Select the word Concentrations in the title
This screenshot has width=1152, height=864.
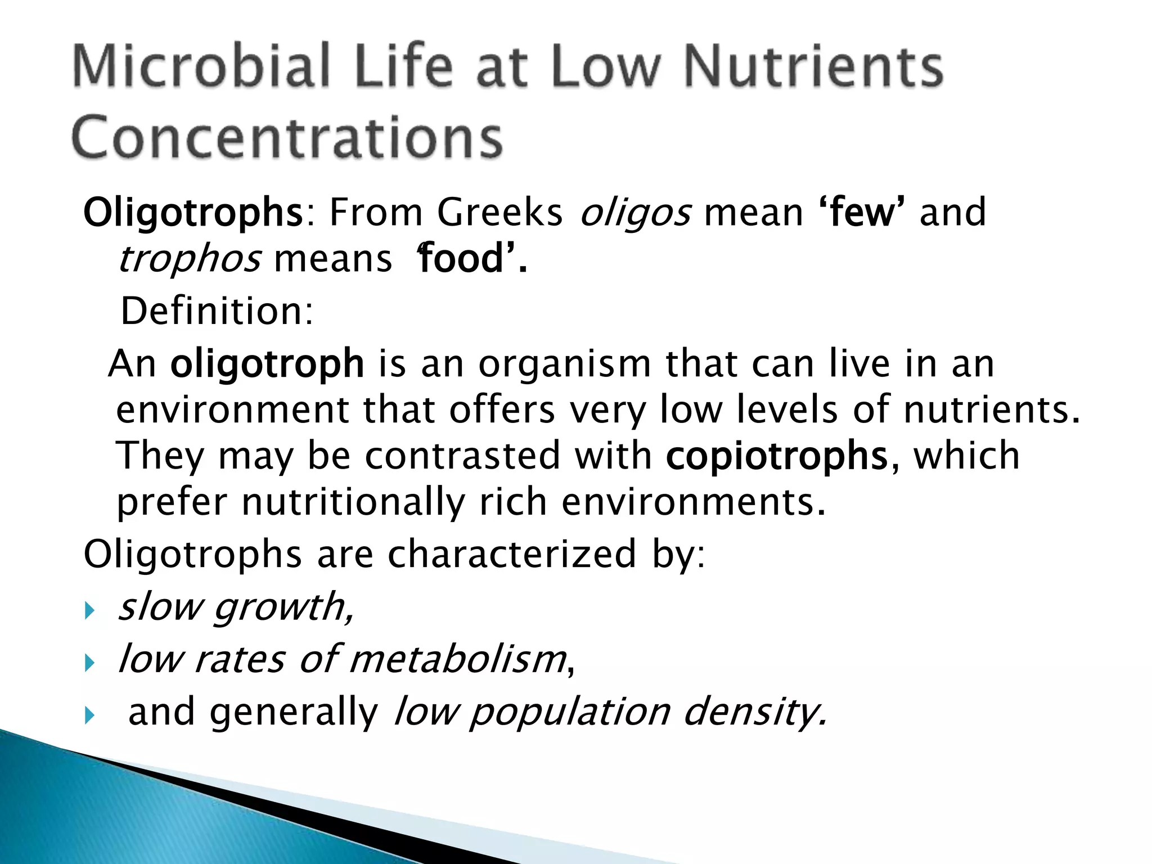coord(287,138)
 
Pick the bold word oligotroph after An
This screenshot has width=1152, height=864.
coord(267,364)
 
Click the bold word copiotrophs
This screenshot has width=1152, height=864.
coord(776,456)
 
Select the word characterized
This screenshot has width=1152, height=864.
coord(512,555)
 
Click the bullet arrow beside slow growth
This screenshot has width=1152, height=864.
coord(89,611)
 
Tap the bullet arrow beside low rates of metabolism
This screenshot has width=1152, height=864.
coord(89,663)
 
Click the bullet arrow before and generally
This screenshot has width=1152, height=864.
coord(89,716)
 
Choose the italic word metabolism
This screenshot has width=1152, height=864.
coord(458,659)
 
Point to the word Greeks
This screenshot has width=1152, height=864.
coord(499,213)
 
